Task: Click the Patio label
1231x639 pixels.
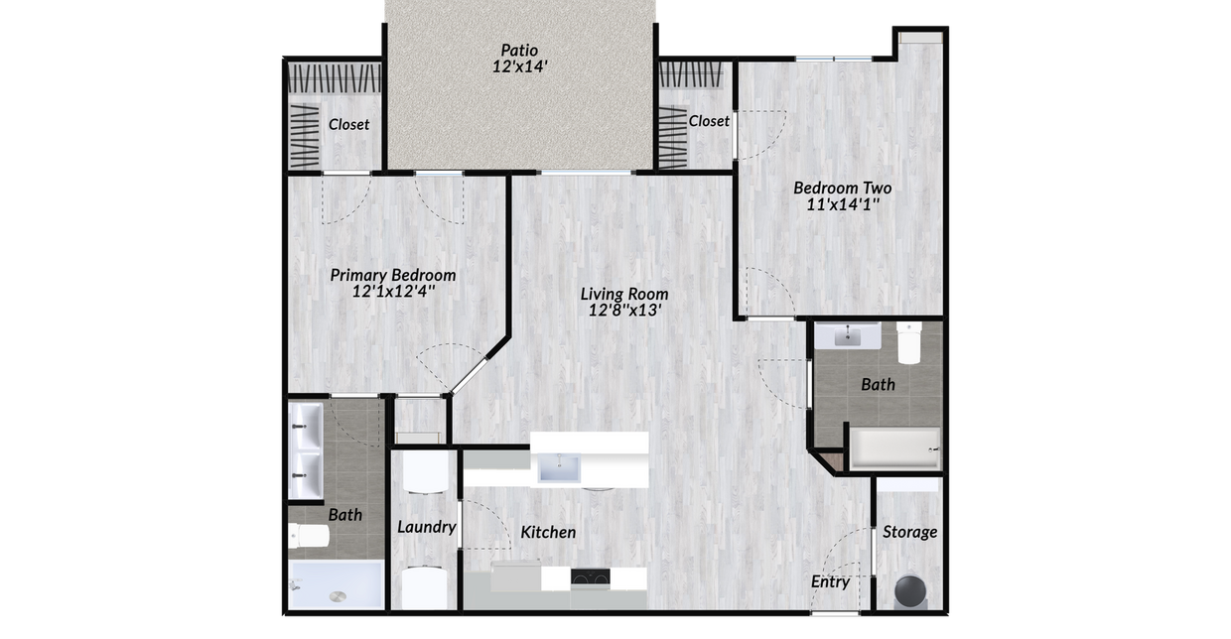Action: (x=520, y=49)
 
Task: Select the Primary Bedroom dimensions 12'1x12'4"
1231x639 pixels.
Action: (x=393, y=293)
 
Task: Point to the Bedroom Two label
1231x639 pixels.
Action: (x=842, y=188)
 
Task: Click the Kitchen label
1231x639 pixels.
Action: (x=548, y=533)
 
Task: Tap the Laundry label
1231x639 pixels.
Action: (x=426, y=527)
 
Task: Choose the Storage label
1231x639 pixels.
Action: (x=909, y=532)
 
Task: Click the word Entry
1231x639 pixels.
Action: (x=830, y=581)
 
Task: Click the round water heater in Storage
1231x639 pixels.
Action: (x=911, y=590)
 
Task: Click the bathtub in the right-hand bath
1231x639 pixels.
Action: (x=893, y=448)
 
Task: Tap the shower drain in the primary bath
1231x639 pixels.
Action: (x=337, y=597)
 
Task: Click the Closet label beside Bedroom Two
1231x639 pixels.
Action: (x=709, y=121)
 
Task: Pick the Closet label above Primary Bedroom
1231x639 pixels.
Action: (x=348, y=124)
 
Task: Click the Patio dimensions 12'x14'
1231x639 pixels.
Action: (x=520, y=67)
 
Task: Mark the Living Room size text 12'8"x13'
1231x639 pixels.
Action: (x=624, y=311)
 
